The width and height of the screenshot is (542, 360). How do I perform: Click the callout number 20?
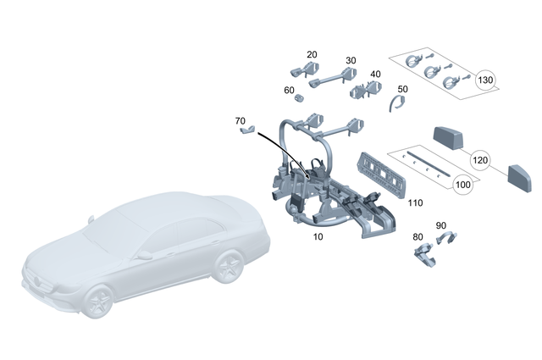coord(312,54)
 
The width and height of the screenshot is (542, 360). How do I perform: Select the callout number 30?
coord(351,61)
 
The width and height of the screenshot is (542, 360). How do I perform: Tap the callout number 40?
coord(375,75)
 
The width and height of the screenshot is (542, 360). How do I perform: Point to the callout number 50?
coord(402,89)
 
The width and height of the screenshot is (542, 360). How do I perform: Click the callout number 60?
coord(289,90)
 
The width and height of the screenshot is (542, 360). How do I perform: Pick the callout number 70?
coord(240,121)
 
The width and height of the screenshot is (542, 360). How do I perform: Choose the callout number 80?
coord(417,236)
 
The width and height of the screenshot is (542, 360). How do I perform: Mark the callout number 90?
coord(440,225)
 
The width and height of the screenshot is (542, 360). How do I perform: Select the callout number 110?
coord(415,203)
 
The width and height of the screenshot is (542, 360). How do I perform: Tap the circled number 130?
coord(485,81)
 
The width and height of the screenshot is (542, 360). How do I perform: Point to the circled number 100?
coord(463,184)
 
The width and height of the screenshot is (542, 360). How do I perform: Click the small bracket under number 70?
coord(246,132)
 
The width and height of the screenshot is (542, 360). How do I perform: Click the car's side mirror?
coord(145,254)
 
